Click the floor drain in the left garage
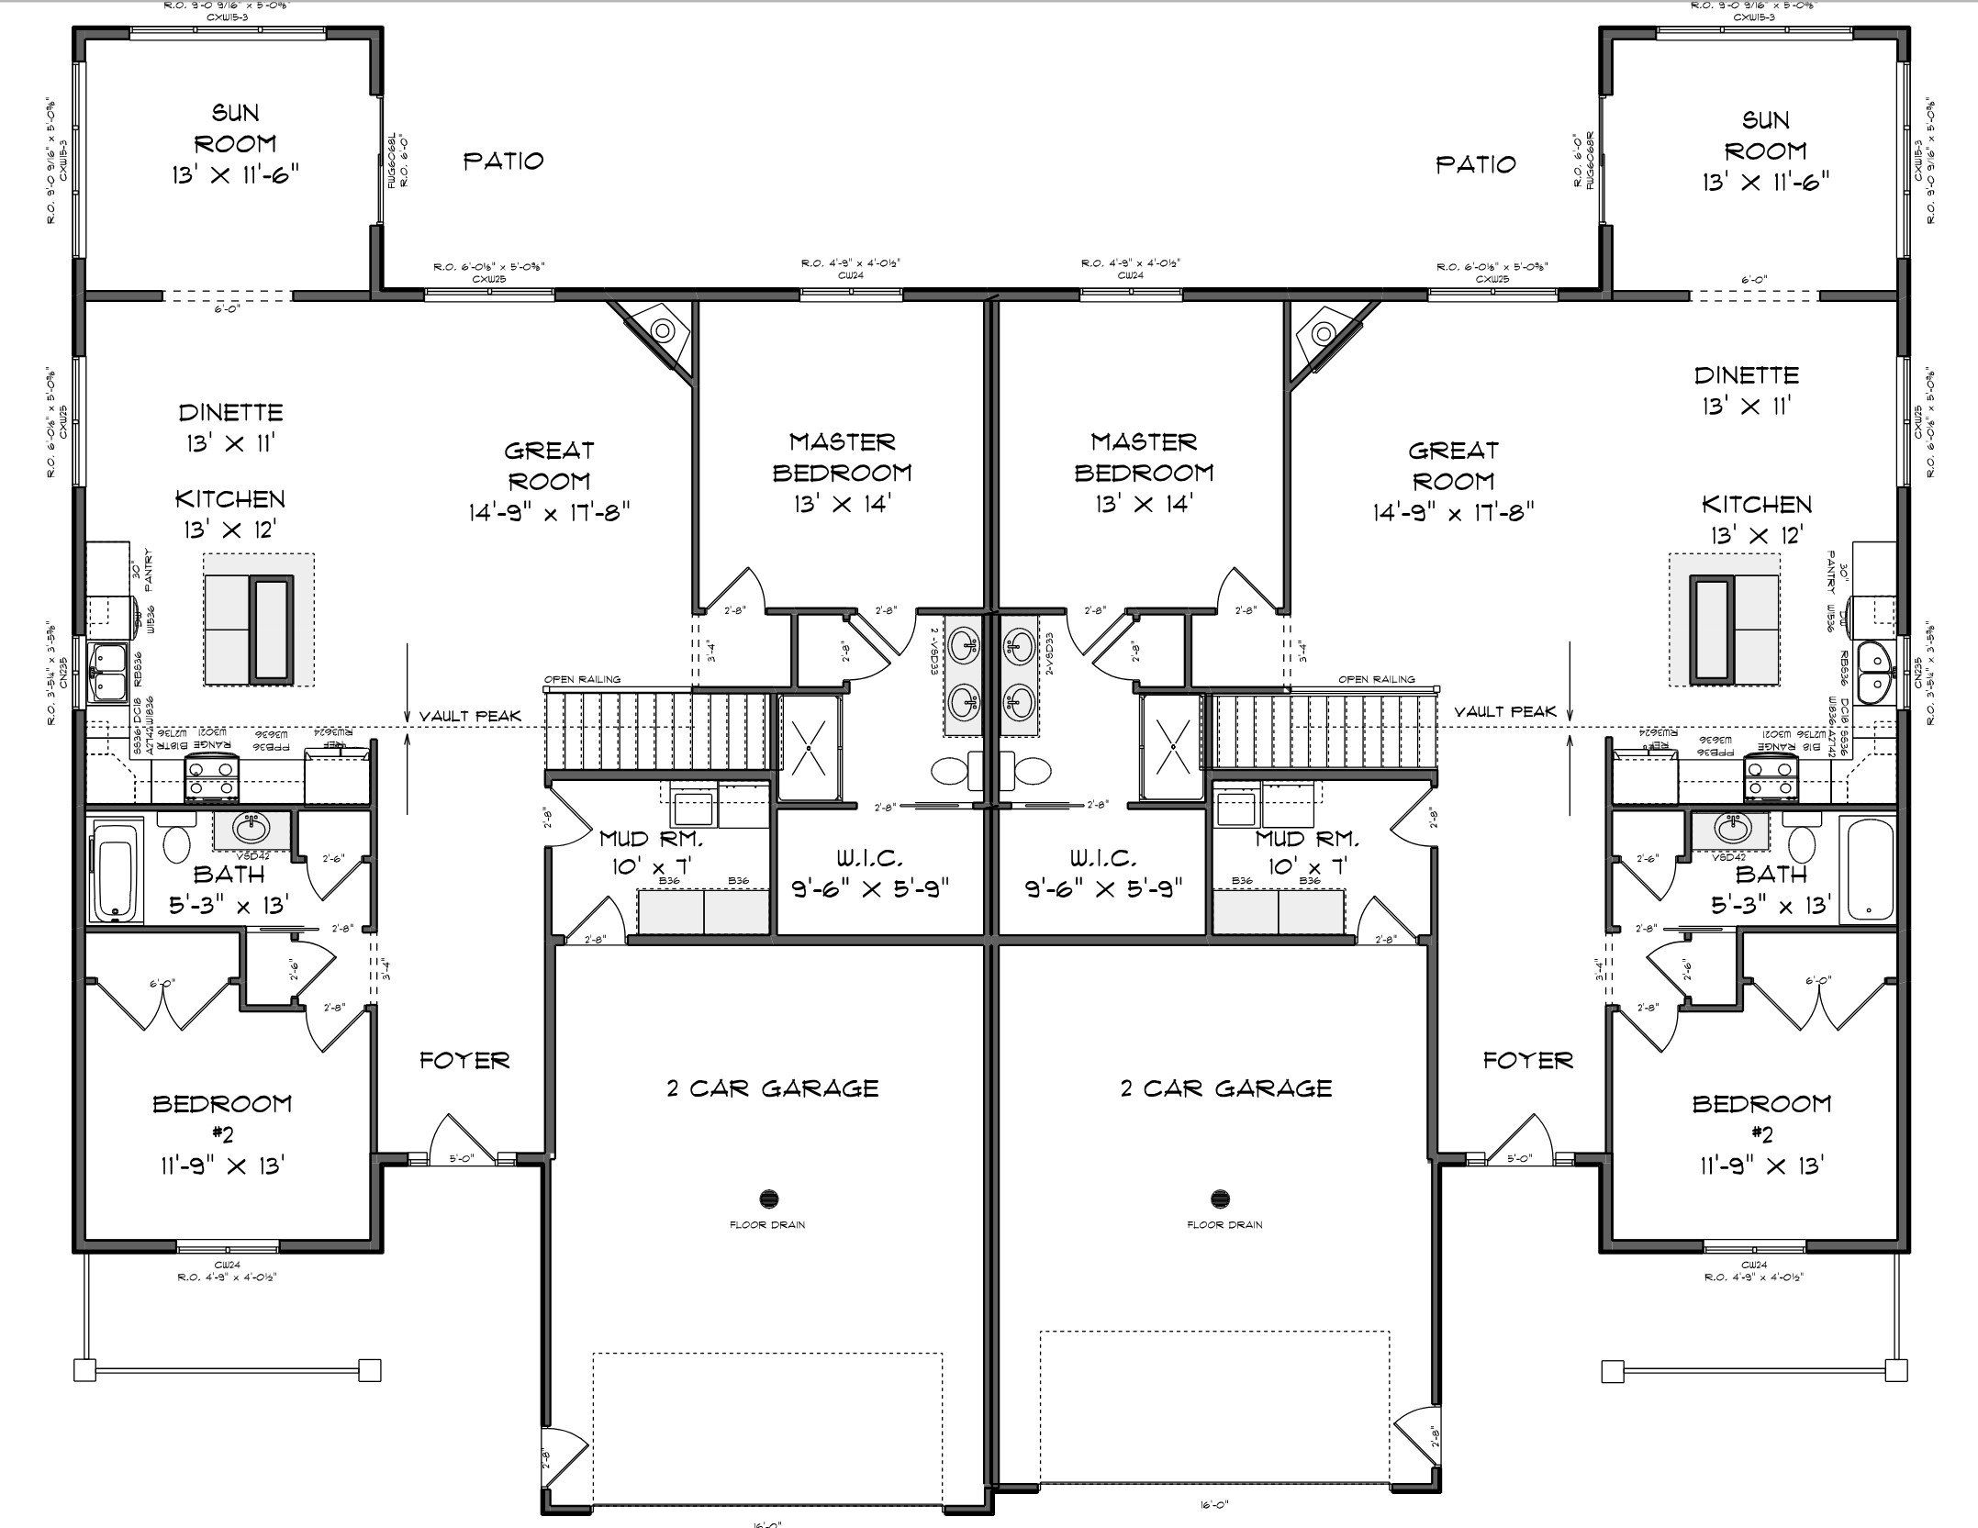[x=769, y=1198]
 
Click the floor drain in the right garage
[x=1220, y=1198]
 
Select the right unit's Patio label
[x=1475, y=164]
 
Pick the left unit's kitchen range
[x=212, y=778]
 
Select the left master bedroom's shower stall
[x=808, y=746]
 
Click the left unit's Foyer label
[x=464, y=1061]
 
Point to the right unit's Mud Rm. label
[x=1306, y=838]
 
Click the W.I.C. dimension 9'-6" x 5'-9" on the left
[x=869, y=887]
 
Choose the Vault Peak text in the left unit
[x=470, y=716]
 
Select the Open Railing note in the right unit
[x=1376, y=680]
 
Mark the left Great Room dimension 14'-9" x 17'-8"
[x=549, y=511]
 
